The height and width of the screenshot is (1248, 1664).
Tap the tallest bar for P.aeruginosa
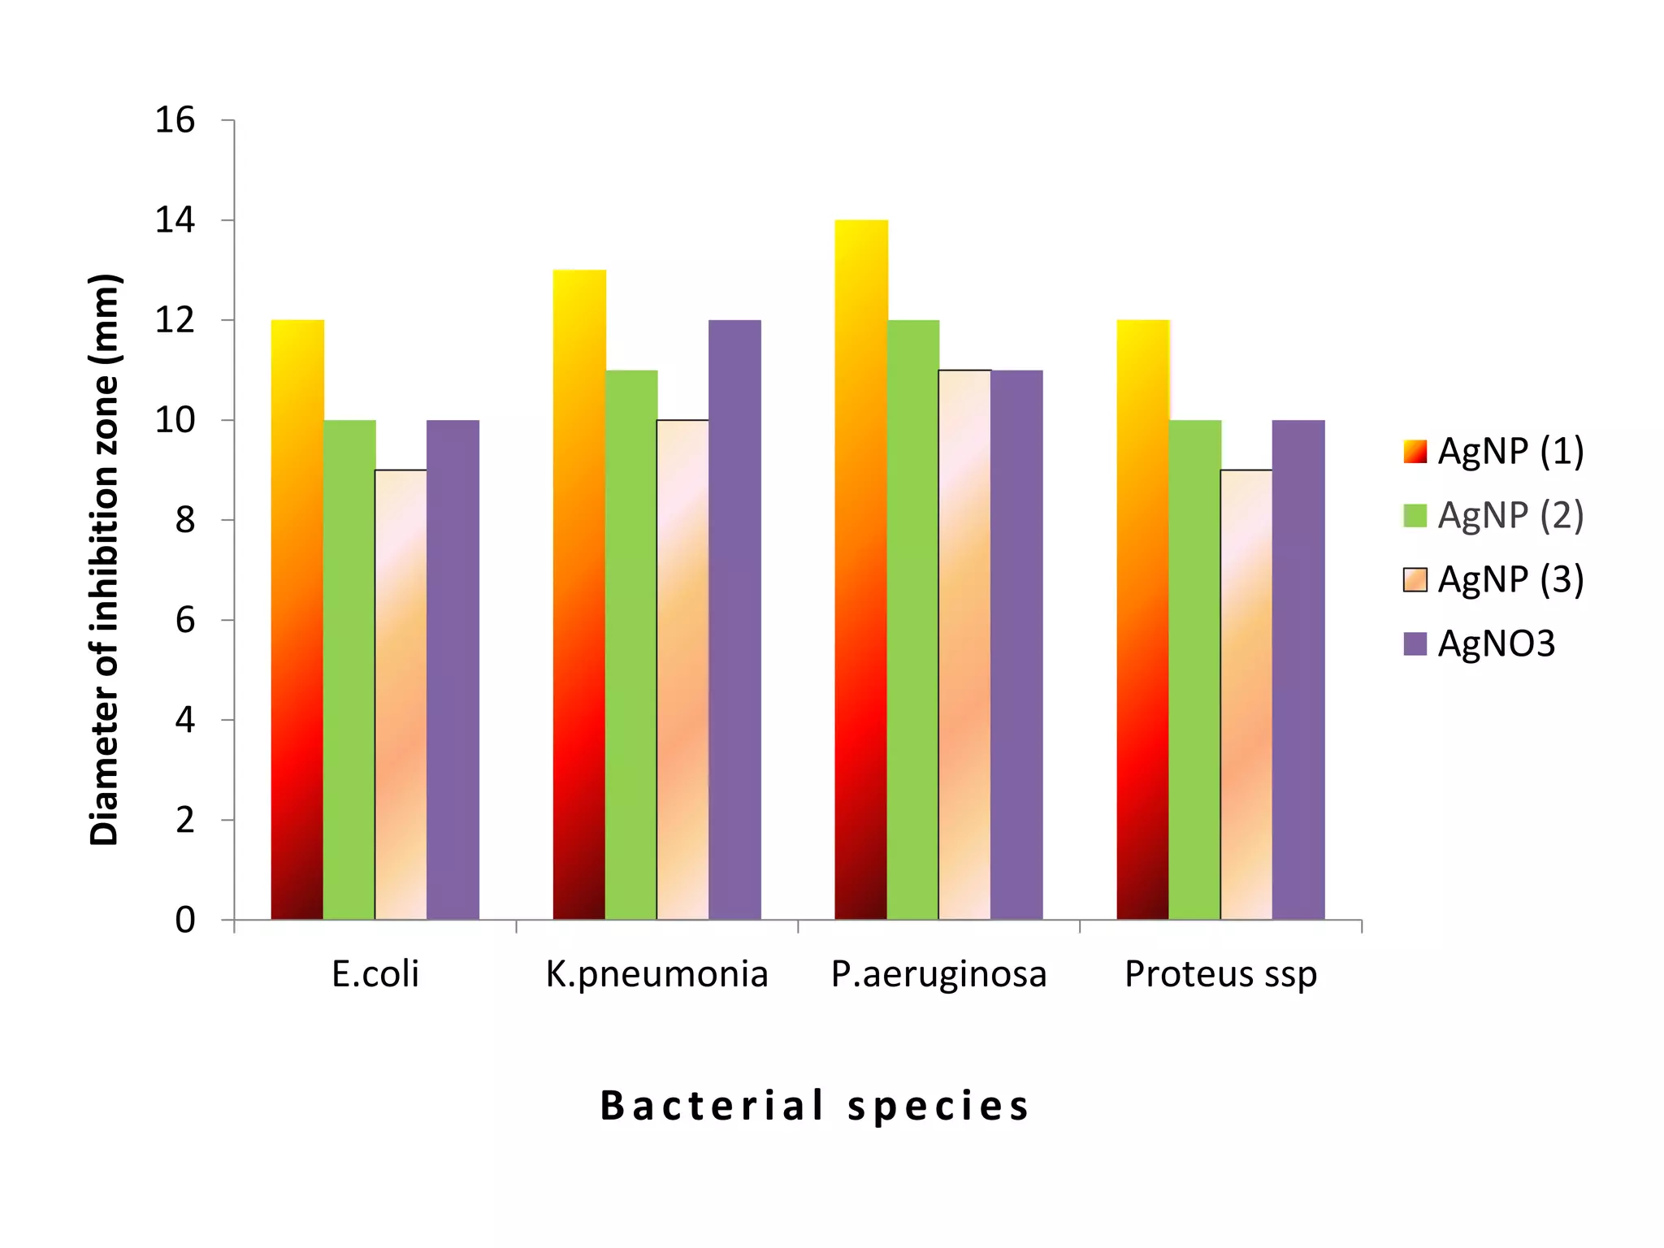[861, 569]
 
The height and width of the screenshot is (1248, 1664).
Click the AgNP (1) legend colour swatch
[1415, 452]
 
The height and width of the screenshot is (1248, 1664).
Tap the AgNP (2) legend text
[1510, 515]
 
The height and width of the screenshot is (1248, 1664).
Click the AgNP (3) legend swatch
[1415, 580]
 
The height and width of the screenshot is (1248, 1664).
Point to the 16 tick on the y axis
[175, 120]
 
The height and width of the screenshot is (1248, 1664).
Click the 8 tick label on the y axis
[185, 520]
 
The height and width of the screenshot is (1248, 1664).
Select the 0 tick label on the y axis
[185, 920]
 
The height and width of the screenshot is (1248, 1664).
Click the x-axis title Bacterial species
[815, 1106]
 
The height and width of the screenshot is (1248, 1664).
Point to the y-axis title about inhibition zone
[105, 561]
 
